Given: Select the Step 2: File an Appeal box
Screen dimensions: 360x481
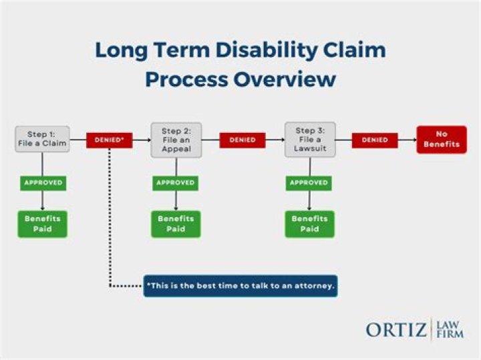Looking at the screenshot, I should pyautogui.click(x=176, y=140).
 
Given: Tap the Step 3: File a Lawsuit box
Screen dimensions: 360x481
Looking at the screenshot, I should pyautogui.click(x=309, y=140).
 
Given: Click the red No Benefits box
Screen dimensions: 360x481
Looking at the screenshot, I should pyautogui.click(x=442, y=140).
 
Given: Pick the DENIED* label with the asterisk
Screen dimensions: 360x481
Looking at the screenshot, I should pyautogui.click(x=110, y=140).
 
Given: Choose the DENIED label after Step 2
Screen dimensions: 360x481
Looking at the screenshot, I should pyautogui.click(x=243, y=140).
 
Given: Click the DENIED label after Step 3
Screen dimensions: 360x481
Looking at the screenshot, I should pyautogui.click(x=375, y=140).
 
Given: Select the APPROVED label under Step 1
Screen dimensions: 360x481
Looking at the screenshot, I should pyautogui.click(x=43, y=182).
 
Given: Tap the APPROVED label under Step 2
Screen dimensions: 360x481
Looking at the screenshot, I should pyautogui.click(x=176, y=182).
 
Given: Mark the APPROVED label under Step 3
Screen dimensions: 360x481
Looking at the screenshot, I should pyautogui.click(x=309, y=182).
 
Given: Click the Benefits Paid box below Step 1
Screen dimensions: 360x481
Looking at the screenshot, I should pyautogui.click(x=43, y=224).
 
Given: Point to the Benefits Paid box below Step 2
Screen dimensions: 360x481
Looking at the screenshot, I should pyautogui.click(x=176, y=224).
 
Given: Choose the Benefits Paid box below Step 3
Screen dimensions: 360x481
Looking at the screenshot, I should pyautogui.click(x=309, y=224).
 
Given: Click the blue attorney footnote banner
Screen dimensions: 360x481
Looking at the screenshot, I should pyautogui.click(x=240, y=286).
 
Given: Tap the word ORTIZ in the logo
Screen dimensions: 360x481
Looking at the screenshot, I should pyautogui.click(x=395, y=329).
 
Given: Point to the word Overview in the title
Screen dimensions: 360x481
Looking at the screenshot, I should pyautogui.click(x=284, y=79).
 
